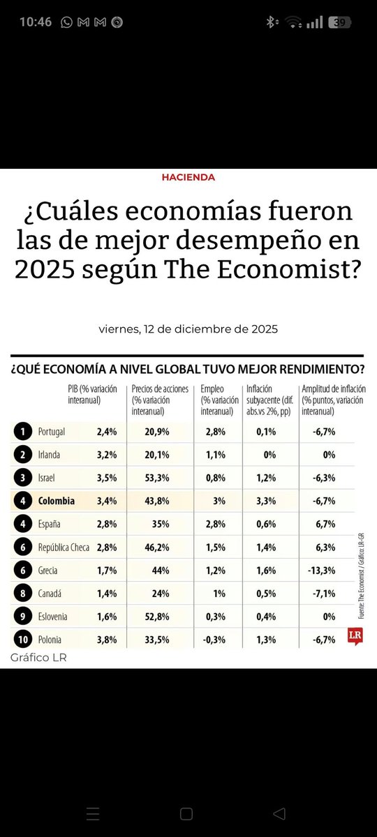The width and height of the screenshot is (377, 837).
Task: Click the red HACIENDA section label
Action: tap(188, 177)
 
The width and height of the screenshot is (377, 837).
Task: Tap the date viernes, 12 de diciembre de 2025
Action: tap(188, 329)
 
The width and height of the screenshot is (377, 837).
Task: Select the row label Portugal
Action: tap(52, 432)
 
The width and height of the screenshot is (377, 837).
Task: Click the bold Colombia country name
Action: tap(57, 501)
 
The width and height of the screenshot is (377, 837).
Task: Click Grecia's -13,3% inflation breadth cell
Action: tap(322, 570)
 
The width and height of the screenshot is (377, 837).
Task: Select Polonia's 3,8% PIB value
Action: tap(106, 639)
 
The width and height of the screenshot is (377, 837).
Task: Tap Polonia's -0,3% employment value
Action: tap(214, 639)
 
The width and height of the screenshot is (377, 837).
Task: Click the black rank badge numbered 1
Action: tap(22, 432)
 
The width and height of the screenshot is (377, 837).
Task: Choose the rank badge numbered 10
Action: tap(22, 639)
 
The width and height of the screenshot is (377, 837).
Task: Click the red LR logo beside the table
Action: tap(356, 636)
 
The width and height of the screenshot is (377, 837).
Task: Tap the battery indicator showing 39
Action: tap(341, 22)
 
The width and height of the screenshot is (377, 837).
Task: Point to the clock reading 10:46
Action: tap(36, 22)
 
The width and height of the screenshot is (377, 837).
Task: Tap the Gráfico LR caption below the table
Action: tap(38, 658)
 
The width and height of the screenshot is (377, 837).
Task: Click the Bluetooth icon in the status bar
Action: tap(271, 22)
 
